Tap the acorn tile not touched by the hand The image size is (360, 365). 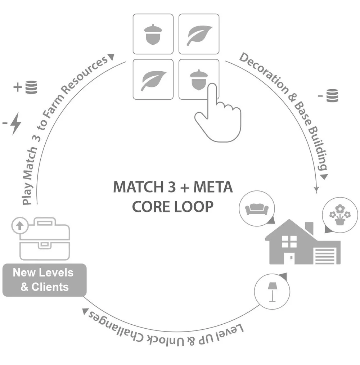[153, 34]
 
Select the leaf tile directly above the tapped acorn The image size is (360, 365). [199, 34]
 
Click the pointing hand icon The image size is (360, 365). [216, 115]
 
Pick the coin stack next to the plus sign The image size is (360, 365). [31, 87]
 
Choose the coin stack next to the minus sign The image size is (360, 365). [332, 96]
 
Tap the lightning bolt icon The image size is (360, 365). [16, 123]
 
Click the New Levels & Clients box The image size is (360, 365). [44, 280]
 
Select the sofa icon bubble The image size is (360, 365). [257, 209]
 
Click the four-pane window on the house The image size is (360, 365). [289, 242]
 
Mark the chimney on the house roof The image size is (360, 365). [309, 227]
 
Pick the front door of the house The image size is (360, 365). [290, 258]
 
